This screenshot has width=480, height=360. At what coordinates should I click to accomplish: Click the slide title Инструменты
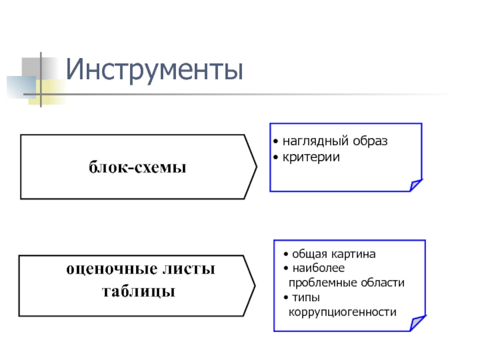point(155,70)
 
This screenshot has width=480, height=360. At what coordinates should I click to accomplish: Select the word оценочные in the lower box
point(109,269)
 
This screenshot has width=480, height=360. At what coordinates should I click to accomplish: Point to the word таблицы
point(139,292)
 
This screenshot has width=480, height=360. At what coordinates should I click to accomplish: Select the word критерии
point(311,157)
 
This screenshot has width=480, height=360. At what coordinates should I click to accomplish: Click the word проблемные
point(319,283)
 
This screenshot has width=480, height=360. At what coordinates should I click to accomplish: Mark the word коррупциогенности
point(343,312)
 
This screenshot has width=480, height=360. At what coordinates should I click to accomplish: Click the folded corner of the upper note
point(415,185)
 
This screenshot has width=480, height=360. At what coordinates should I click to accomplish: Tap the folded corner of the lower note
point(418,323)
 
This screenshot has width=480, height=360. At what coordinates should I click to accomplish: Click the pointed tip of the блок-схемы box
point(256,167)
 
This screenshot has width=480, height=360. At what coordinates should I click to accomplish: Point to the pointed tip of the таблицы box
point(256,285)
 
